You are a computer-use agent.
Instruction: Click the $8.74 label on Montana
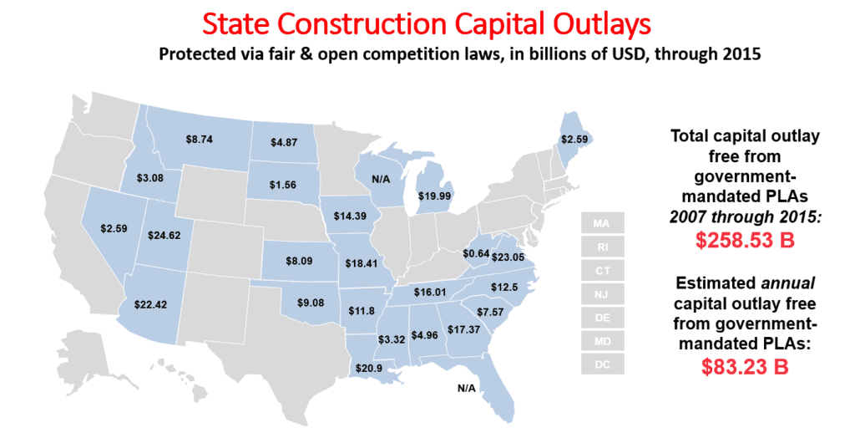pos(199,139)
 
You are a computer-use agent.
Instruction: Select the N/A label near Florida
pos(466,388)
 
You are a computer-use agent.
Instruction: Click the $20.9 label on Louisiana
pos(368,369)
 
